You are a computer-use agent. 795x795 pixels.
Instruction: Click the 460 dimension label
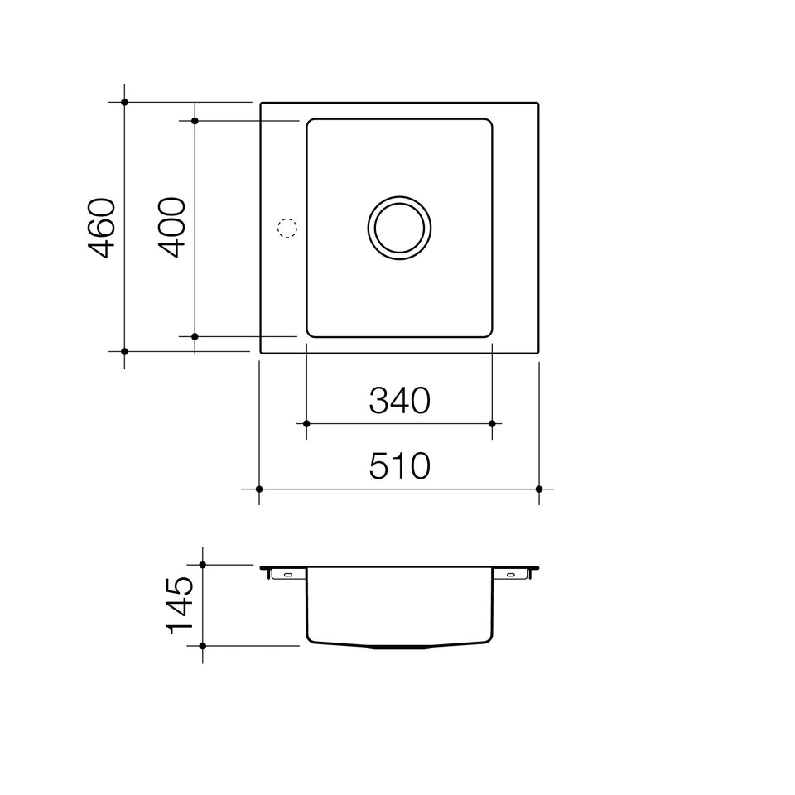(102, 229)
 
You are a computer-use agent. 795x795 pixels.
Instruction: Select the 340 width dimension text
(399, 401)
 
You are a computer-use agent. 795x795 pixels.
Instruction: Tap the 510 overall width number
(399, 466)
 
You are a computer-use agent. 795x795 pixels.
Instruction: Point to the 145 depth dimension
(180, 605)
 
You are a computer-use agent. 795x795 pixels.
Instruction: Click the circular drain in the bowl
(399, 197)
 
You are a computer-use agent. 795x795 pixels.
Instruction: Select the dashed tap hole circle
(287, 219)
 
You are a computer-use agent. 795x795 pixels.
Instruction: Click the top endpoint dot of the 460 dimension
(125, 102)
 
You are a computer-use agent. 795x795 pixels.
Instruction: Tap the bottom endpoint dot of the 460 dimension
(125, 351)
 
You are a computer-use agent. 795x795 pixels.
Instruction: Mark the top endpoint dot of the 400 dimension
(195, 121)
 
